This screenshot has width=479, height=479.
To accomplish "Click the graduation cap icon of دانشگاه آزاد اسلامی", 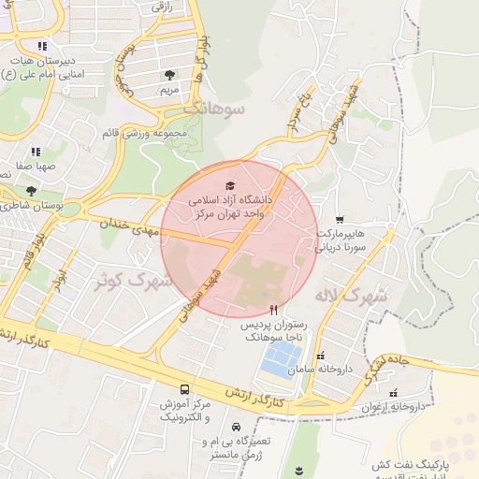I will point(231,187).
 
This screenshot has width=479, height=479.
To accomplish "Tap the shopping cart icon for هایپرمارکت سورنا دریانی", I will point(339,219).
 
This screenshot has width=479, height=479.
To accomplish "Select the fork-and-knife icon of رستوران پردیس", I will point(273,309).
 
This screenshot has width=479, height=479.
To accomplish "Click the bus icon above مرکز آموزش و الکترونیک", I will point(184,389).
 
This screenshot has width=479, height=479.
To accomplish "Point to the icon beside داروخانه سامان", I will point(321,356).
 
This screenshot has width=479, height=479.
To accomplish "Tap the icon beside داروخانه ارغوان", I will point(393,393).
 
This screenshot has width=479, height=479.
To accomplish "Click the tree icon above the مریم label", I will point(169,74).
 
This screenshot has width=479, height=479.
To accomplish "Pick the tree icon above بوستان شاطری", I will point(31,191).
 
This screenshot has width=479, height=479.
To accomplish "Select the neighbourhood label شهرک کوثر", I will point(134,279).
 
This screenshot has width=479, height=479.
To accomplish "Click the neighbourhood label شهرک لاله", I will point(352,297).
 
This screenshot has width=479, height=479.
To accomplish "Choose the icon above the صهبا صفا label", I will point(36,151).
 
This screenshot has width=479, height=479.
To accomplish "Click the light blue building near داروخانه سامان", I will point(282,359).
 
